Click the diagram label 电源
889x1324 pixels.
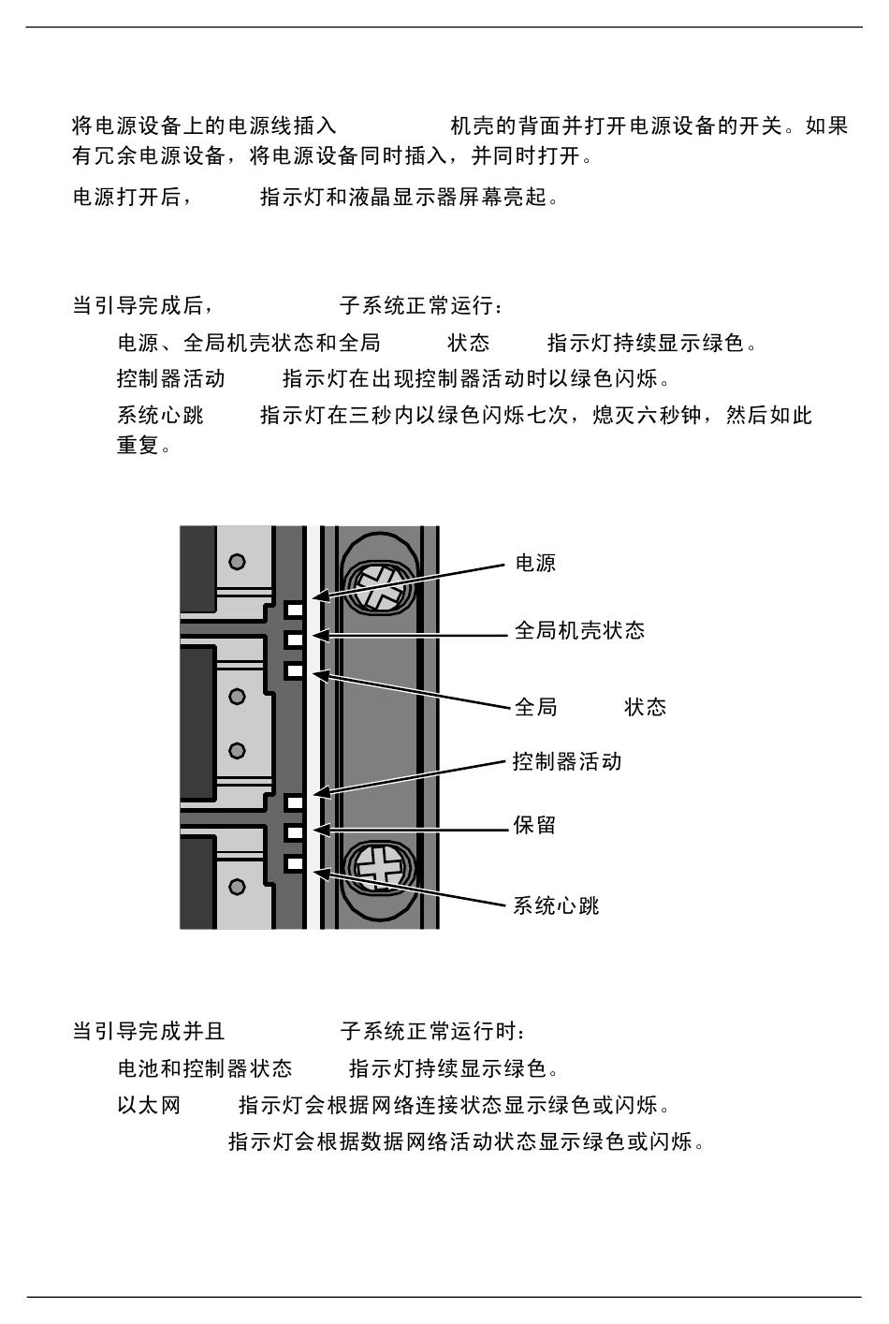click(x=535, y=563)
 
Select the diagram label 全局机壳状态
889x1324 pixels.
click(x=579, y=630)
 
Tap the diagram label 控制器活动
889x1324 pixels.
click(x=567, y=761)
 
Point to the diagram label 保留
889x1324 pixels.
click(x=534, y=825)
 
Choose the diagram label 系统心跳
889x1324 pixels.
click(x=556, y=905)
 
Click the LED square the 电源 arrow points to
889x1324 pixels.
click(x=295, y=609)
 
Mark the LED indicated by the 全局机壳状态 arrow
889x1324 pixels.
click(x=295, y=640)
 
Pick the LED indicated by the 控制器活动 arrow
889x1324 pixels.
click(x=295, y=802)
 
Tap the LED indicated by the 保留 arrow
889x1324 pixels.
click(x=295, y=832)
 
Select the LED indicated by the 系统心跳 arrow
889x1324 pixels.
click(x=295, y=864)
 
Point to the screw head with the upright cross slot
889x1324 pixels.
click(x=379, y=869)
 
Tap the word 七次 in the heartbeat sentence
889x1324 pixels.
click(x=547, y=415)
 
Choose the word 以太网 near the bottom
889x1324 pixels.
click(x=149, y=1105)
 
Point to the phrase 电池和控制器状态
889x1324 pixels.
click(x=205, y=1068)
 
